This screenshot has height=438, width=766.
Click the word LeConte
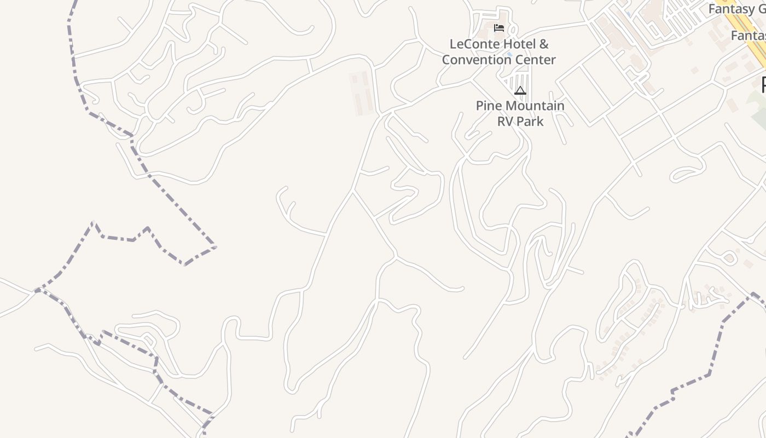pyautogui.click(x=471, y=44)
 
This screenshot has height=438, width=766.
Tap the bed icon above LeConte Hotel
pyautogui.click(x=498, y=28)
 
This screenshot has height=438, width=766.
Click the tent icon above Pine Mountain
pyautogui.click(x=520, y=90)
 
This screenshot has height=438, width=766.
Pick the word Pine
pyautogui.click(x=489, y=106)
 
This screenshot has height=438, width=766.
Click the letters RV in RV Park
pyautogui.click(x=506, y=121)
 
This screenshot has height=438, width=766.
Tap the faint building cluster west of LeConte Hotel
pyautogui.click(x=362, y=94)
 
